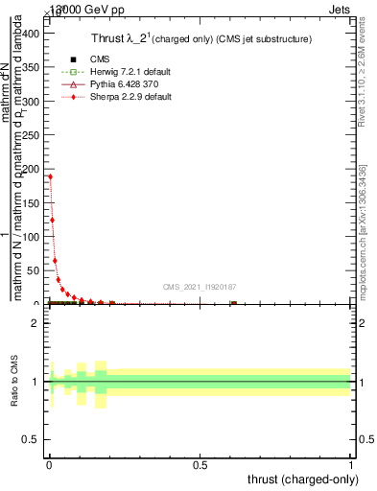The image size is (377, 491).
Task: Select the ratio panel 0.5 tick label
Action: pyautogui.click(x=33, y=441)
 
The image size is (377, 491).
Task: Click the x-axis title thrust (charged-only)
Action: pyautogui.click(x=303, y=479)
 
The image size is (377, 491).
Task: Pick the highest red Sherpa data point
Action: pyautogui.click(x=50, y=176)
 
